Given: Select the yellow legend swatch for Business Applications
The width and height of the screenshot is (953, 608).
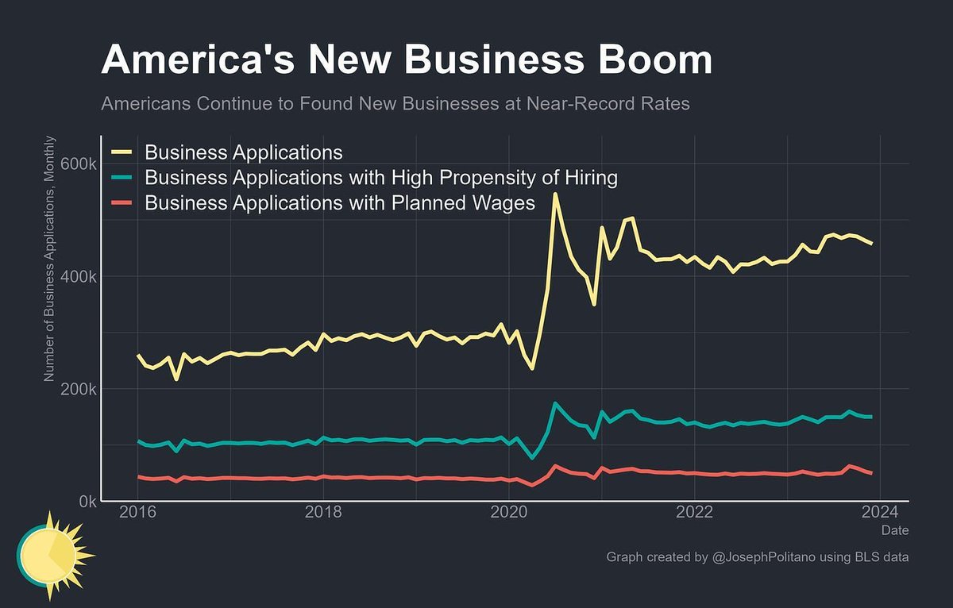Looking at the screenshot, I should (125, 152).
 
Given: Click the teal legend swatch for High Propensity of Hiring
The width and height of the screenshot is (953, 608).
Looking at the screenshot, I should (125, 178).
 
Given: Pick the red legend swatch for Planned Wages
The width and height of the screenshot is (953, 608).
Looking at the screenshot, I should (125, 204).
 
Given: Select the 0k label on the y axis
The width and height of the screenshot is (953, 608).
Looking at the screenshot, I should (85, 502).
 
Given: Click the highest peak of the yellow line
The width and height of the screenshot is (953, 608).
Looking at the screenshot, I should (555, 194).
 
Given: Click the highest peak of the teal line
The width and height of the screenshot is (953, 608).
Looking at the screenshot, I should (555, 403).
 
